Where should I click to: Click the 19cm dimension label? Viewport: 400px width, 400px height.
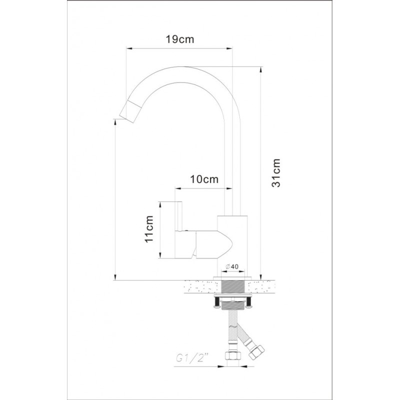[180, 39]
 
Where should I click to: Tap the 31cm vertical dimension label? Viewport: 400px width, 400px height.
[276, 173]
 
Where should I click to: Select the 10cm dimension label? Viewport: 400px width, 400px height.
[204, 179]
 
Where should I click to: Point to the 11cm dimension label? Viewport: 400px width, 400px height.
[148, 229]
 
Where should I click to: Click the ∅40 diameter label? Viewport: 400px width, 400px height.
[232, 266]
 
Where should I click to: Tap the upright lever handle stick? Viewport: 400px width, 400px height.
[178, 216]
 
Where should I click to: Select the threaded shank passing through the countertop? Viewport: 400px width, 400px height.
[234, 286]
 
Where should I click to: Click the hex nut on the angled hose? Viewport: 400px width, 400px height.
[257, 352]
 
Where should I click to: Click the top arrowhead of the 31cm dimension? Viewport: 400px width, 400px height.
[260, 70]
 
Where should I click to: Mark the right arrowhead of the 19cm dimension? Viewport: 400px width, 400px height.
[229, 48]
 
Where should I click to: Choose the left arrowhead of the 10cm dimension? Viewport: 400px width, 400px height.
[178, 188]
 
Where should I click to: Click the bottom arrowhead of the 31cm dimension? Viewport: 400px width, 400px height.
[260, 277]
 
